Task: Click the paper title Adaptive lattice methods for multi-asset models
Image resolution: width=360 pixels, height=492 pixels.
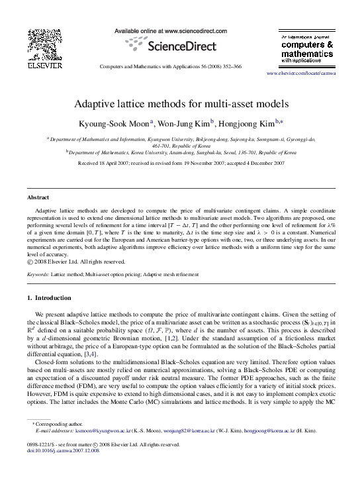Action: [x=180, y=104]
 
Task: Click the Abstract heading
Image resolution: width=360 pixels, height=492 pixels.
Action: [x=37, y=197]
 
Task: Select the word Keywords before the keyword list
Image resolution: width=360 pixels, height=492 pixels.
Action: [x=38, y=273]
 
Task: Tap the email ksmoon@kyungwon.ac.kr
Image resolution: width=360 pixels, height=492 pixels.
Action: [x=97, y=430]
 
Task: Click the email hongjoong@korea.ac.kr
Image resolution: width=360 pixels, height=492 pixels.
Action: [x=269, y=430]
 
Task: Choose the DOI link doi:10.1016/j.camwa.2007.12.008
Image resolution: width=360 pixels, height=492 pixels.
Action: [x=63, y=450]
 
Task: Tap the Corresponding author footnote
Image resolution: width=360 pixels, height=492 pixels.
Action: [x=59, y=423]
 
